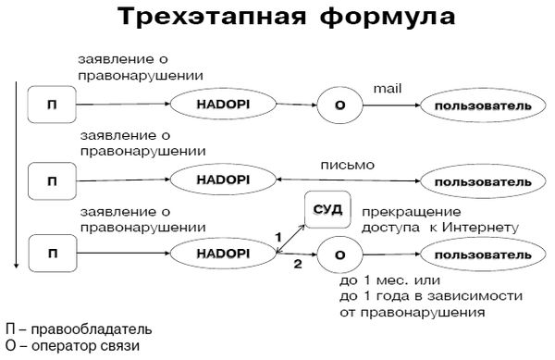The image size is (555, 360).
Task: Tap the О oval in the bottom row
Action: tap(339, 253)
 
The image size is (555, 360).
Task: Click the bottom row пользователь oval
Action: tap(478, 252)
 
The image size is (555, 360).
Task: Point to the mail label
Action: tap(386, 87)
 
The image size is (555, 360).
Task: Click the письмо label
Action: tap(347, 165)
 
